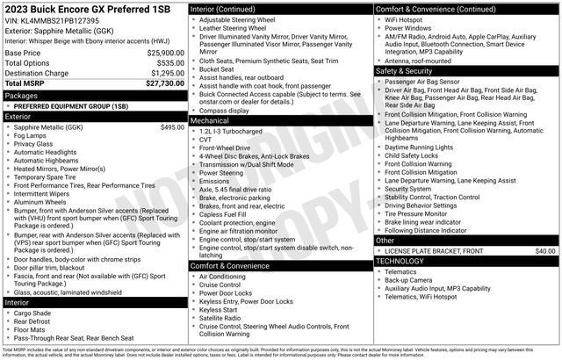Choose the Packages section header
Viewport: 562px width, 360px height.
point(22,95)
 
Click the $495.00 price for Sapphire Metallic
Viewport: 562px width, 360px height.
point(172,127)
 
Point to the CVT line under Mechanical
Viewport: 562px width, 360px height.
point(206,139)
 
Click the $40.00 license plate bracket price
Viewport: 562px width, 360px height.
point(545,250)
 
